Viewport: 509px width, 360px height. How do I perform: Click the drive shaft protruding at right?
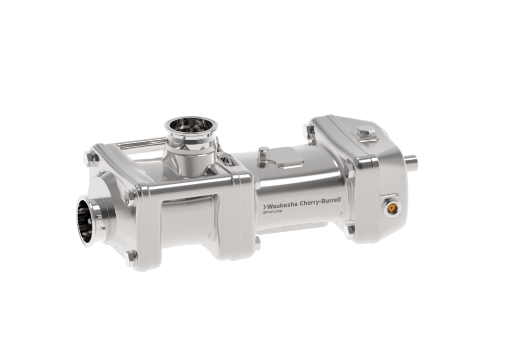click(411, 161)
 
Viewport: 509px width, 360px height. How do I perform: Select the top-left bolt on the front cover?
click(90, 160)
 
